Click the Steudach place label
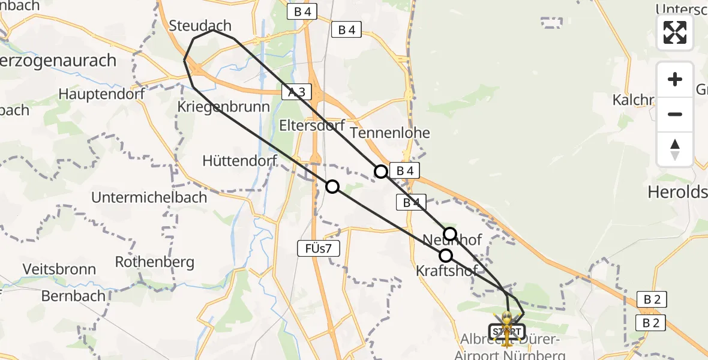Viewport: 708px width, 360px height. [x=200, y=26]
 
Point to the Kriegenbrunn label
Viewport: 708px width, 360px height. [x=223, y=106]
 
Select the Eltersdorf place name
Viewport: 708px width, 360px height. [x=312, y=125]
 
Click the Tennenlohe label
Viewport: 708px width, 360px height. [x=390, y=133]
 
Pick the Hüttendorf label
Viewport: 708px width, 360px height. [x=239, y=161]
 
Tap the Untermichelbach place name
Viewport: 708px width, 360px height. [x=149, y=197]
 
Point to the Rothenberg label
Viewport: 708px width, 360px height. [x=154, y=262]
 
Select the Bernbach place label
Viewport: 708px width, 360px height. [x=73, y=296]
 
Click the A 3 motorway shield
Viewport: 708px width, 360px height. [x=296, y=92]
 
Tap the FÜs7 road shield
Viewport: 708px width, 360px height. [x=319, y=248]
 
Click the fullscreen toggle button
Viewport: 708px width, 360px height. [x=675, y=32]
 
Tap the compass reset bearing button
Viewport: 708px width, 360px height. [x=675, y=149]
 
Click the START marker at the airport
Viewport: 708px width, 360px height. [x=507, y=332]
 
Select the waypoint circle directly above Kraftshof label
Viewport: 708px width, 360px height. [x=446, y=256]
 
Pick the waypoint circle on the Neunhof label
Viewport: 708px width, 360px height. [x=450, y=234]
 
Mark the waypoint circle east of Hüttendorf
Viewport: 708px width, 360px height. [x=332, y=187]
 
